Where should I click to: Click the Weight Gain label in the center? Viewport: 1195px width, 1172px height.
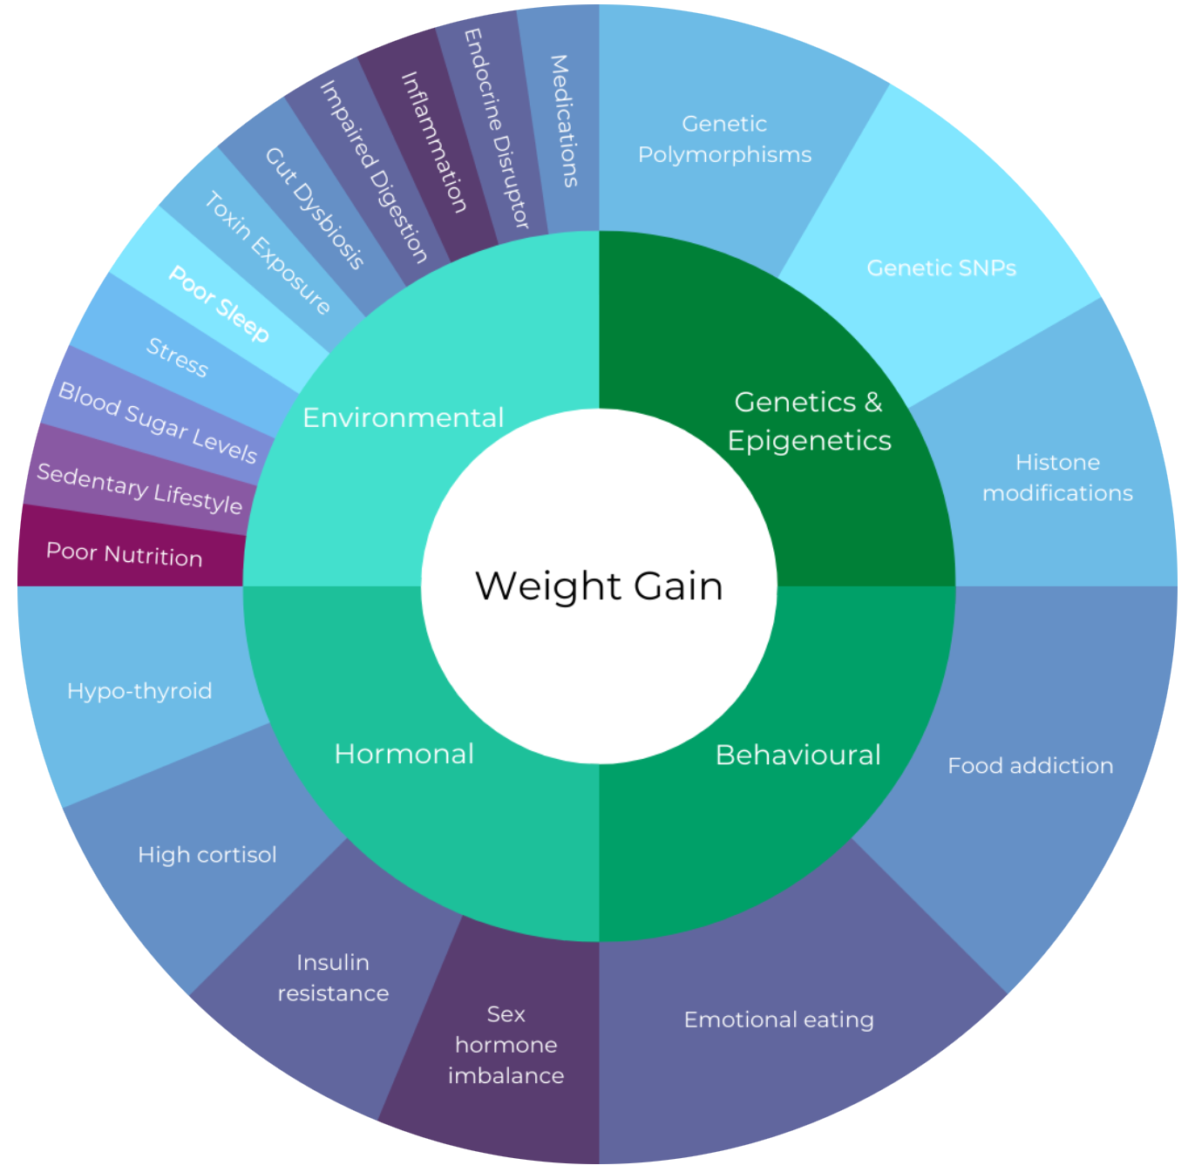(599, 586)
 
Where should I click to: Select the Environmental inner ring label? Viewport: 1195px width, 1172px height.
(403, 418)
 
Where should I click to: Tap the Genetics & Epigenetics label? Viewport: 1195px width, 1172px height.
(809, 421)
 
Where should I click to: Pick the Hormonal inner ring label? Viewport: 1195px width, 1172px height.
(404, 754)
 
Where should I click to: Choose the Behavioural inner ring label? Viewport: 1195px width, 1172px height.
(798, 755)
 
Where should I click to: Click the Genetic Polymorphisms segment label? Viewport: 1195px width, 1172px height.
(724, 139)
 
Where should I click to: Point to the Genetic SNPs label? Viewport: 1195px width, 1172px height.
(941, 268)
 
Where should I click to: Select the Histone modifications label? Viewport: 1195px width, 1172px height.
(1057, 478)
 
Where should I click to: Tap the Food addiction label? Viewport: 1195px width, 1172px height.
(1030, 766)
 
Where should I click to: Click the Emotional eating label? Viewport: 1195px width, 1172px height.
(778, 1020)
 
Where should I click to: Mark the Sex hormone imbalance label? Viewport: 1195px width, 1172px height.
(506, 1045)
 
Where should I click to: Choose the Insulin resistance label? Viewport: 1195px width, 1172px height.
(333, 978)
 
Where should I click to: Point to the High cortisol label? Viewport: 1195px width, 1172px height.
(207, 855)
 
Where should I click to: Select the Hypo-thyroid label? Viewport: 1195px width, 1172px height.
(139, 691)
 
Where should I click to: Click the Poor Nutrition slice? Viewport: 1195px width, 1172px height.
(125, 554)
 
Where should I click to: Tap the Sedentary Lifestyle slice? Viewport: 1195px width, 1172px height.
(139, 488)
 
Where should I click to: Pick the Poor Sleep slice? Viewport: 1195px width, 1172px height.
(219, 303)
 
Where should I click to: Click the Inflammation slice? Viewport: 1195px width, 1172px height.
(433, 142)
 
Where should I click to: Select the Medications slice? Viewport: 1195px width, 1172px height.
(564, 121)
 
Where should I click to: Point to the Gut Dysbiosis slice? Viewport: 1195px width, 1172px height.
(314, 208)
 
